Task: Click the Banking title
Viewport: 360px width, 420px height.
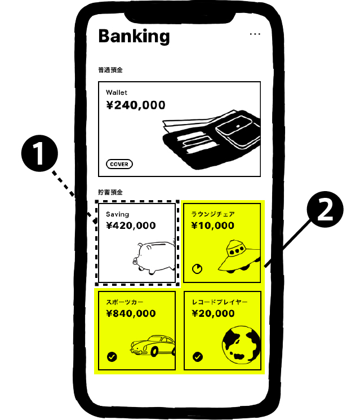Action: point(134,36)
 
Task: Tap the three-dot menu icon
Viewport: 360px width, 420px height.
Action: point(255,34)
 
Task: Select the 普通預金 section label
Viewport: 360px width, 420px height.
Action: point(110,70)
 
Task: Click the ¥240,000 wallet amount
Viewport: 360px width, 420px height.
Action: point(135,105)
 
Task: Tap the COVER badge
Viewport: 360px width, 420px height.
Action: point(119,165)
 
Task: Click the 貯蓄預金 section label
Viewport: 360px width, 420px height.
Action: point(110,192)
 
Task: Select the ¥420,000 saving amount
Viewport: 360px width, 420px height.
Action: point(131,226)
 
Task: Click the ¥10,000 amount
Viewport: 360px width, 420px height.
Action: point(212,226)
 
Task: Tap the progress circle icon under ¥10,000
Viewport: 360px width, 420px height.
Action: point(197,269)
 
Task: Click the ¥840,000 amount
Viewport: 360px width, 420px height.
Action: point(131,314)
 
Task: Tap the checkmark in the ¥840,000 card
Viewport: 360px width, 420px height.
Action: point(112,357)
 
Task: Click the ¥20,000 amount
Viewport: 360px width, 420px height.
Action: point(212,314)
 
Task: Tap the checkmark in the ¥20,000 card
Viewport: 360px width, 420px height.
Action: point(197,357)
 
